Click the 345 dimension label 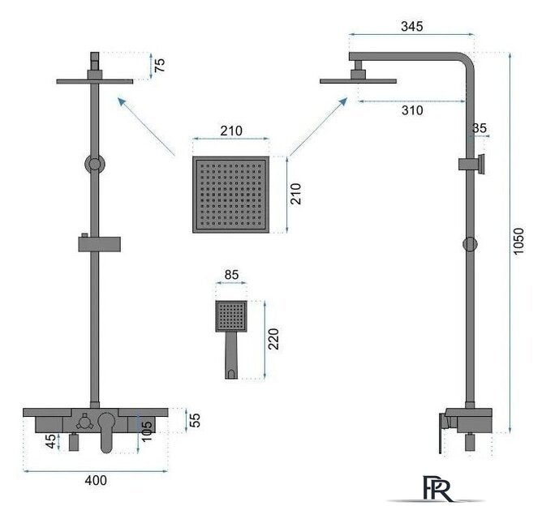[411, 26]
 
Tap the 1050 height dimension [518, 241]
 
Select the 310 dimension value [412, 110]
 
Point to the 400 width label [96, 480]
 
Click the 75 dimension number [159, 65]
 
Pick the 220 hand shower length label [273, 339]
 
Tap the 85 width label [231, 275]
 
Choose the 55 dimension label [196, 420]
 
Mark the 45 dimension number [51, 441]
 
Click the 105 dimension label [146, 431]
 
